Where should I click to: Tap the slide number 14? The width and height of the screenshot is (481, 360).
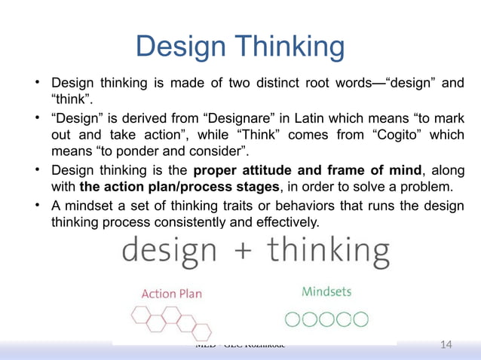tap(446, 345)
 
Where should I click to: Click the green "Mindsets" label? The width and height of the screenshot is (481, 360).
tap(326, 291)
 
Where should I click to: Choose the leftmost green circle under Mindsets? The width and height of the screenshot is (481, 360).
tap(293, 319)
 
